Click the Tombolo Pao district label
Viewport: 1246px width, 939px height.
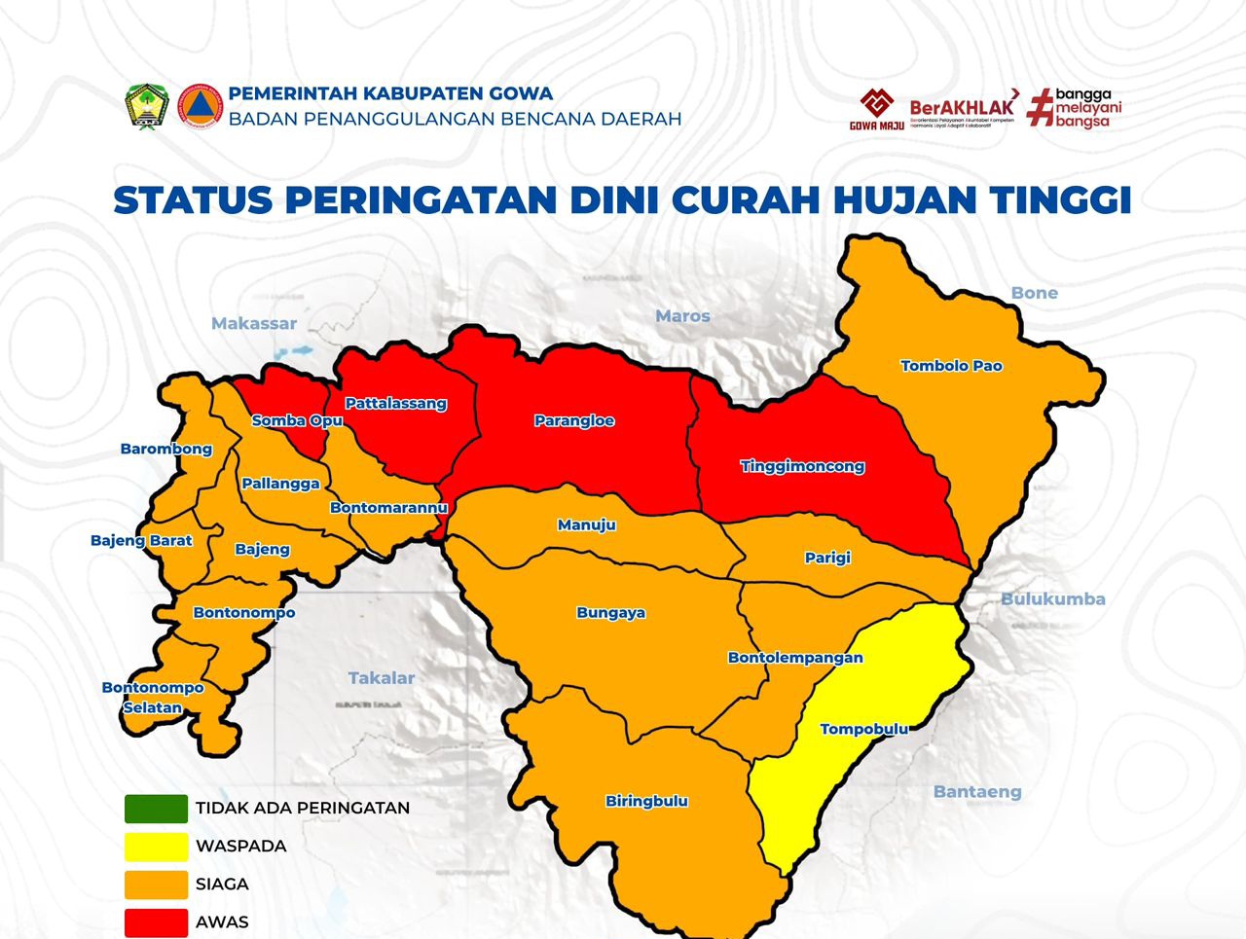tap(951, 366)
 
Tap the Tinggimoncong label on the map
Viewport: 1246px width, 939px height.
tap(802, 466)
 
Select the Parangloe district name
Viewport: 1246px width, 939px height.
tap(574, 421)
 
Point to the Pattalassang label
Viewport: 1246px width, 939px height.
tap(395, 403)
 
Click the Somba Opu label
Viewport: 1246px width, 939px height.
tap(297, 420)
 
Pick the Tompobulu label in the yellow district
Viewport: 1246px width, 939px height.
tap(863, 729)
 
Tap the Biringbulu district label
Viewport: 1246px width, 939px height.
tap(646, 801)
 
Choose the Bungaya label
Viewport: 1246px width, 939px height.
tap(610, 613)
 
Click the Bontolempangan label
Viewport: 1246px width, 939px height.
tap(795, 658)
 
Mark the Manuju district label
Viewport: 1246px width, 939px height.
tap(586, 524)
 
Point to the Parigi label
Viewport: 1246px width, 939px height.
tap(827, 558)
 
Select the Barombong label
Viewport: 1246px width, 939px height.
tap(166, 449)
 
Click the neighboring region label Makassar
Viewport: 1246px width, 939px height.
tap(254, 323)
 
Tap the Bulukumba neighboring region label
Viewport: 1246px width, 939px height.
tap(1052, 599)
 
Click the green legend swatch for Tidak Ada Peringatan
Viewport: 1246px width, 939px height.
tap(156, 809)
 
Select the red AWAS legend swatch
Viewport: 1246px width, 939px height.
tap(156, 922)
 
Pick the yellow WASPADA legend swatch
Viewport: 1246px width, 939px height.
tap(156, 847)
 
